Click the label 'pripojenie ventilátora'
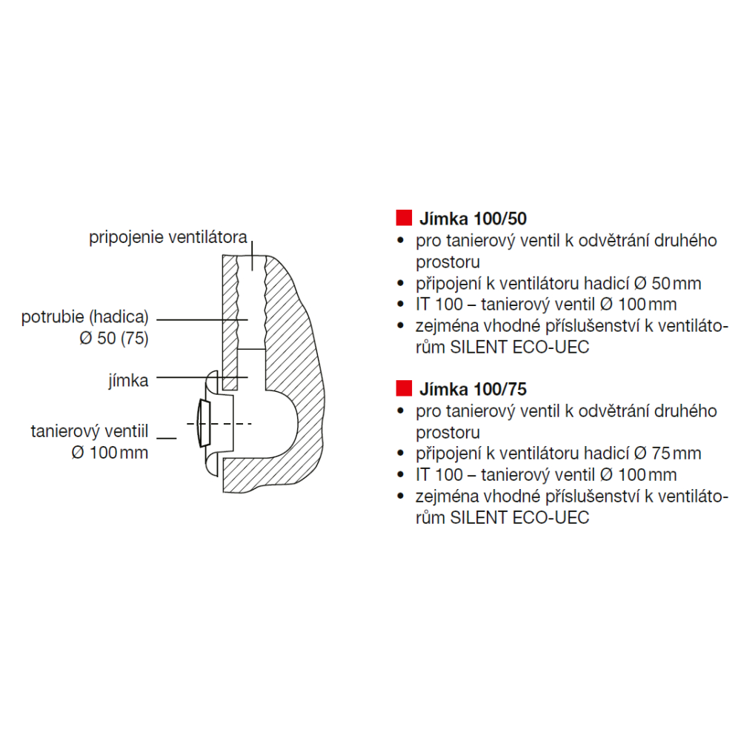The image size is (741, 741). pos(167,237)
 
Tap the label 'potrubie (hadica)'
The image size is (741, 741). pos(85,317)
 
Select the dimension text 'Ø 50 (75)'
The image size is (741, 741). pos(114,339)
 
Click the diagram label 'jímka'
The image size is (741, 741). pos(128,380)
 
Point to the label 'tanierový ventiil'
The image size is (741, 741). pos(90,431)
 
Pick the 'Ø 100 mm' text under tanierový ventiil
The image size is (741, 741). pos(110,453)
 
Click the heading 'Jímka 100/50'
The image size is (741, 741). pos(473,219)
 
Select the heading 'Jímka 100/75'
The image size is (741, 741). pos(473,390)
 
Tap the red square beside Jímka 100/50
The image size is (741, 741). pos(404,218)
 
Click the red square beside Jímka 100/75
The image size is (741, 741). pos(404,388)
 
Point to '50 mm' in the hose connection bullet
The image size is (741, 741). pos(677,284)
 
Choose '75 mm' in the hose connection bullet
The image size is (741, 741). pos(677,453)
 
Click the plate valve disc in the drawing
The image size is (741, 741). pos(205,423)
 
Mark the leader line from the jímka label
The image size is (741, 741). pos(202,377)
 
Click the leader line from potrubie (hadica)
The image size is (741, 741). pos(202,320)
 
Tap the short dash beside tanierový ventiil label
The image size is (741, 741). pos(166,438)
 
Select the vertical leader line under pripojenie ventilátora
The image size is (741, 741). pos(252,256)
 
